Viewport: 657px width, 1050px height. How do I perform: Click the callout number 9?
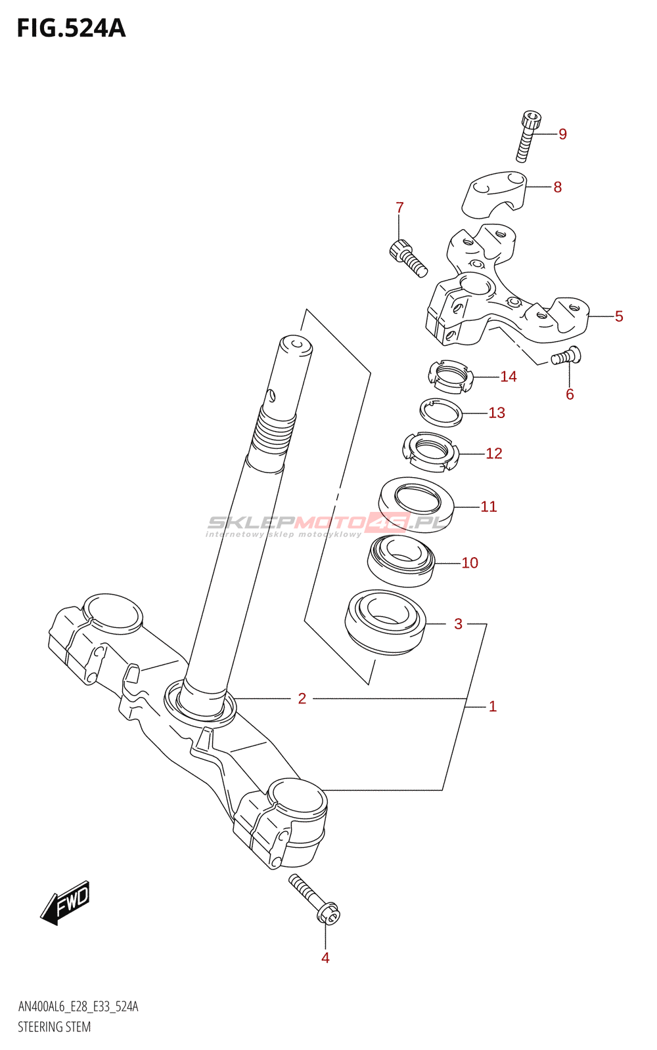[x=562, y=134]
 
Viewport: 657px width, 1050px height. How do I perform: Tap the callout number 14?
[x=509, y=377]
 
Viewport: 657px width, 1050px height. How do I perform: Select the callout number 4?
[x=325, y=958]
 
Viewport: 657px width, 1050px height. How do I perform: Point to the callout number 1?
[x=493, y=707]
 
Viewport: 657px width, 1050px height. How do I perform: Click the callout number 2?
[x=302, y=698]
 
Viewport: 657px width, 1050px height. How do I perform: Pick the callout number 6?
[x=570, y=394]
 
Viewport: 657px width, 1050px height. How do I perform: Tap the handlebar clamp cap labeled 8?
[x=495, y=193]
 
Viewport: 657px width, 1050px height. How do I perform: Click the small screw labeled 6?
[x=565, y=356]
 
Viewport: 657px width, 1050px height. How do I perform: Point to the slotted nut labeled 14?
[x=450, y=377]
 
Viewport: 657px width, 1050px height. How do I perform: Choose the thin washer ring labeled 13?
[x=441, y=412]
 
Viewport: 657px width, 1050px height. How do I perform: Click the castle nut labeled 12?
[x=430, y=451]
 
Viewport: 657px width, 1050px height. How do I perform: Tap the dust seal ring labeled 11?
[x=416, y=503]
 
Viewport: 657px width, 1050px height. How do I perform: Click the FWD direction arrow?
[x=65, y=903]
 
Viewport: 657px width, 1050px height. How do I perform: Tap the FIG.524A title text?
[x=71, y=28]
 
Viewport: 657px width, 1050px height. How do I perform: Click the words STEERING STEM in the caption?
[x=54, y=1027]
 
